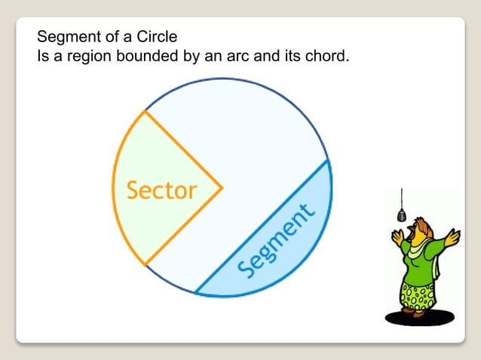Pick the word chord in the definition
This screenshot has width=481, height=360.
(x=326, y=56)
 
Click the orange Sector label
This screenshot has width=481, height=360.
(x=161, y=190)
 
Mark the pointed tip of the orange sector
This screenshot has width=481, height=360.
(x=222, y=186)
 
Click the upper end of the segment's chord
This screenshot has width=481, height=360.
(x=328, y=160)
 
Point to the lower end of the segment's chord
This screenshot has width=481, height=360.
(x=196, y=292)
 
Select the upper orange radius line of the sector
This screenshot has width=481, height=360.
(x=183, y=148)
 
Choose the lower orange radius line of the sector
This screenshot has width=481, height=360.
(x=183, y=225)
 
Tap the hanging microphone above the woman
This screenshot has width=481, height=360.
(x=401, y=215)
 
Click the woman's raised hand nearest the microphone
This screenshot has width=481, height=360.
(x=397, y=239)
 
